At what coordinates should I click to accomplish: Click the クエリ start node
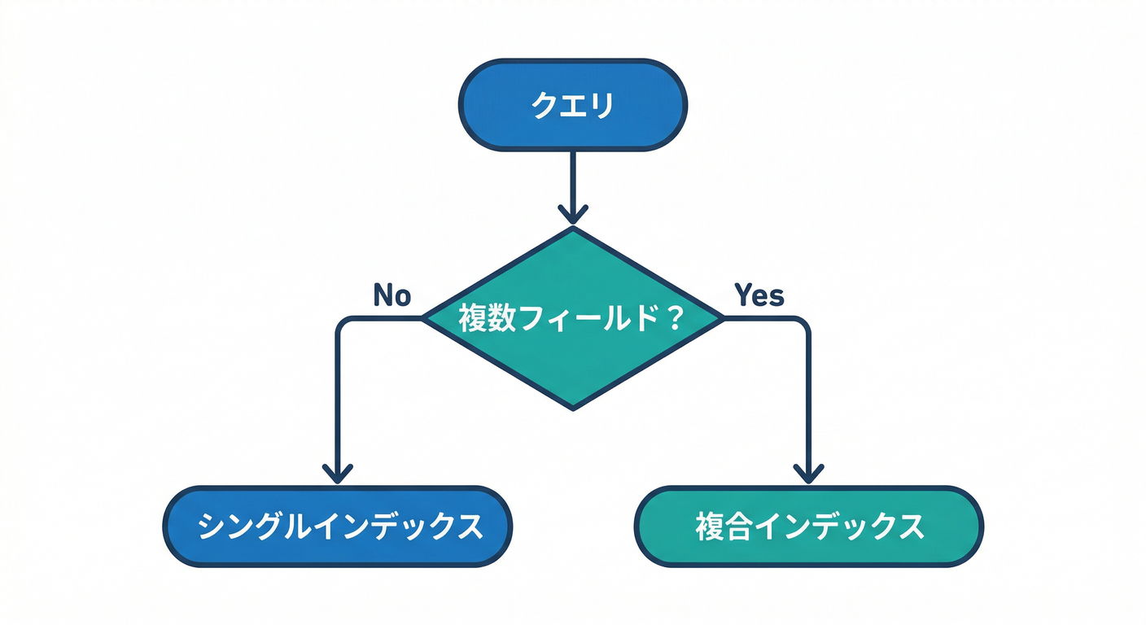[x=572, y=105]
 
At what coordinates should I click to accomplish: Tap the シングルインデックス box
[x=338, y=527]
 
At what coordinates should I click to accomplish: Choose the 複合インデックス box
[x=808, y=527]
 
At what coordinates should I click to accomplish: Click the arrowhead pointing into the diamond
[x=572, y=215]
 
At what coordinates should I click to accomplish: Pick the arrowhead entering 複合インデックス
[x=808, y=472]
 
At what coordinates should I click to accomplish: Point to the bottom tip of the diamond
[x=573, y=408]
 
